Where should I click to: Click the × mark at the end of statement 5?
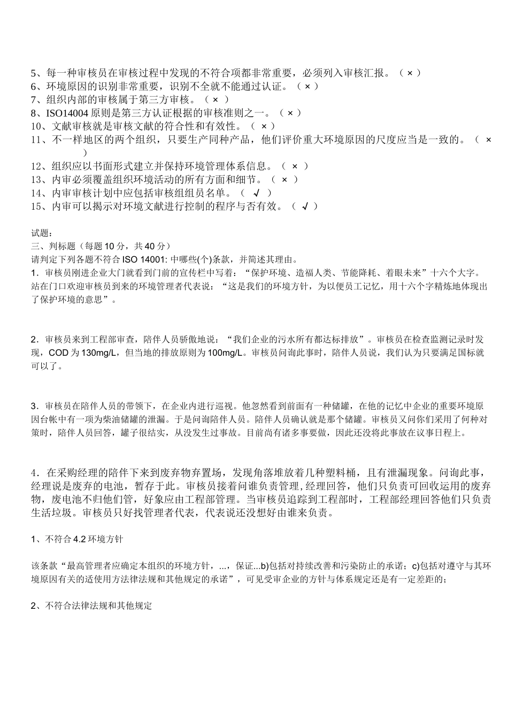410,73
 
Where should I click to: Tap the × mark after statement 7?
215,100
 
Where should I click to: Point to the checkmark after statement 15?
305,206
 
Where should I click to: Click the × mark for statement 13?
284,180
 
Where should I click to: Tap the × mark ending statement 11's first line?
488,140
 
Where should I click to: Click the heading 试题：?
42,233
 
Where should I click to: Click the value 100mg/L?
225,353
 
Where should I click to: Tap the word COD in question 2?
58,353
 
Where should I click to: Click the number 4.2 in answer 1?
80,539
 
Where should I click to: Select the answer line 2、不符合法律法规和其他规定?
91,606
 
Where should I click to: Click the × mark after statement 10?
264,126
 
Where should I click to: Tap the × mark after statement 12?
295,166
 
